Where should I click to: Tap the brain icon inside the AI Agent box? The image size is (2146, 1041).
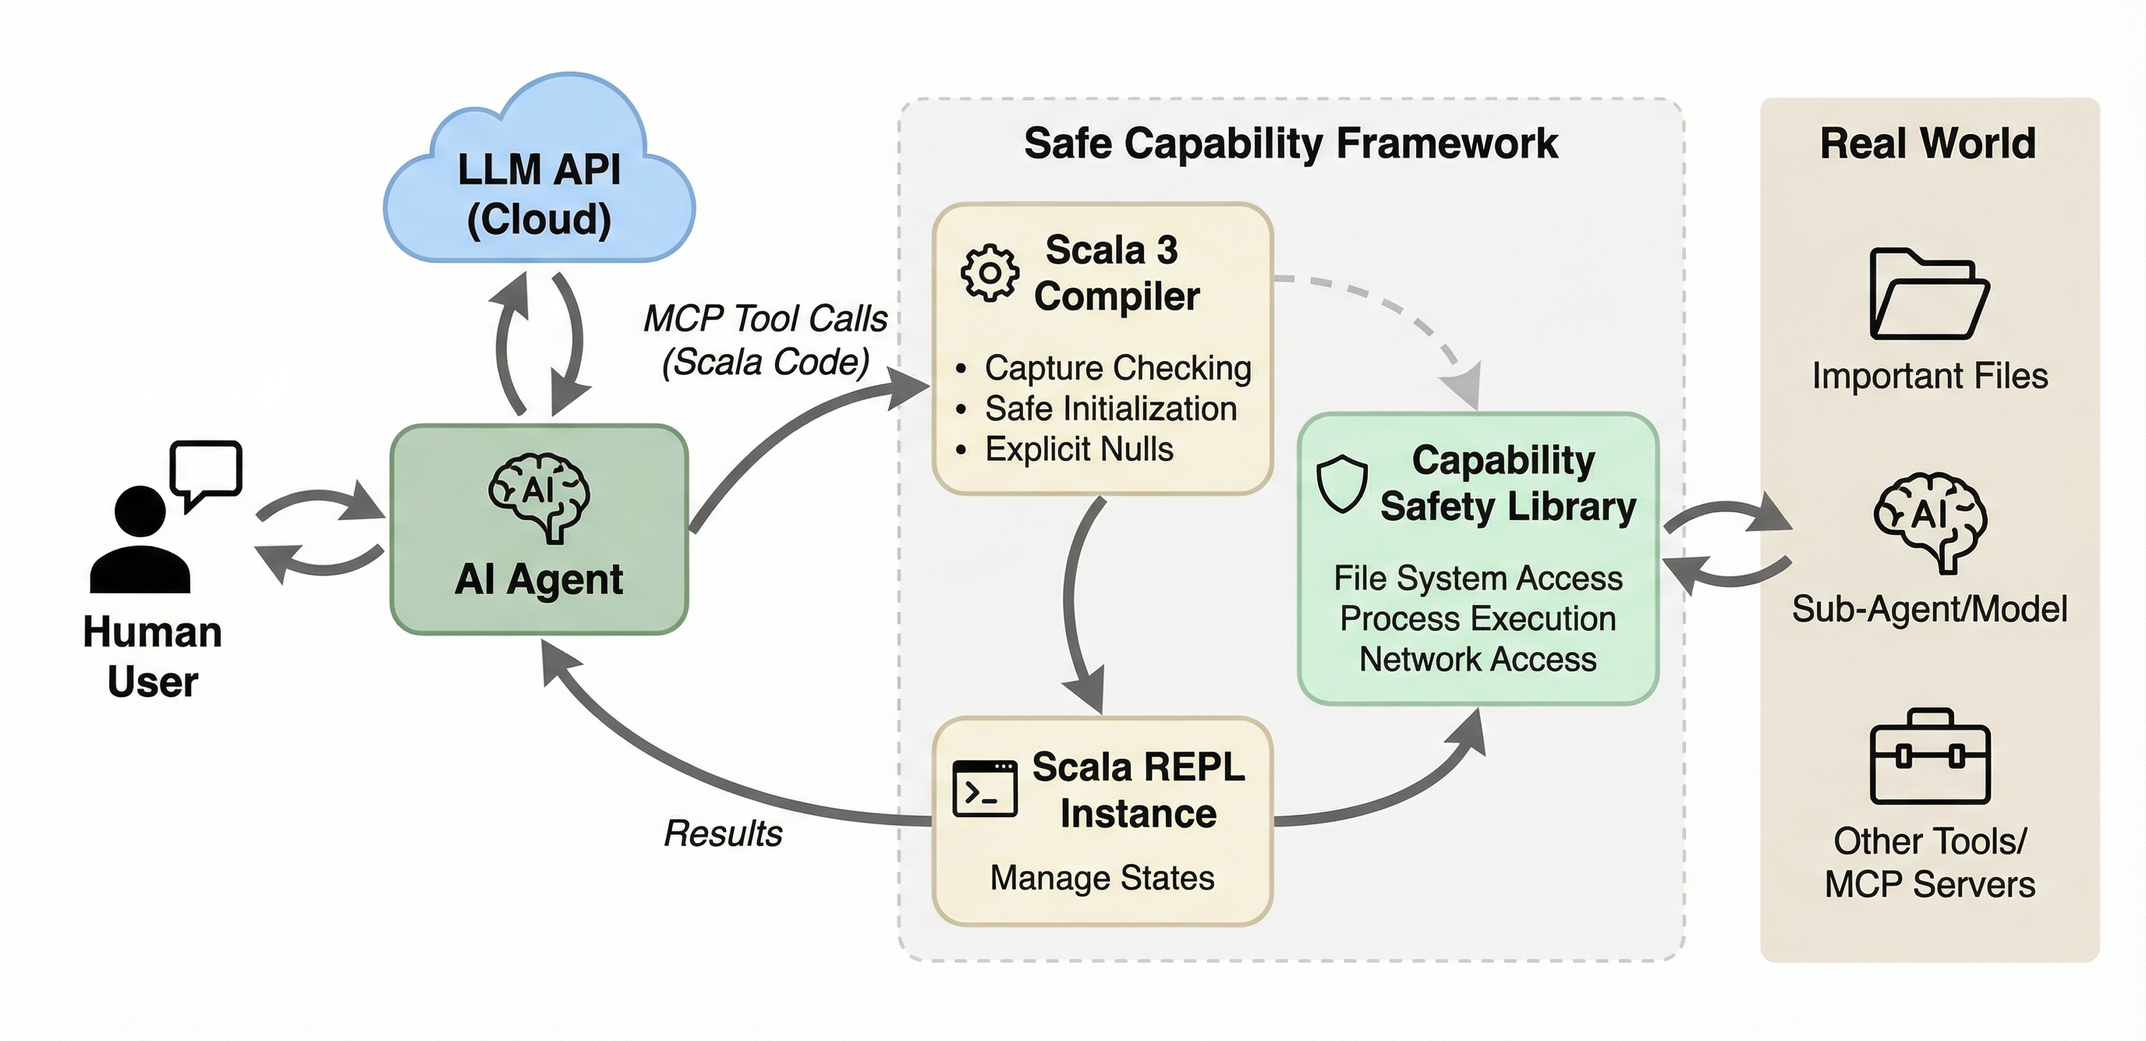coord(539,495)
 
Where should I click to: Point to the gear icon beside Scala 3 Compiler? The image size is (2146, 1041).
coord(989,272)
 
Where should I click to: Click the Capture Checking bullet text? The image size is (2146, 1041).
coord(1117,368)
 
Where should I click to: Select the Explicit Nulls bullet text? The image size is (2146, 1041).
coord(1078,450)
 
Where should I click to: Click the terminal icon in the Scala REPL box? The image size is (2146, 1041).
coord(985,788)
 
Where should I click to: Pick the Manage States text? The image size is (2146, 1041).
coord(1101,878)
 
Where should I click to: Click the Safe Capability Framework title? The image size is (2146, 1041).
coord(1290,143)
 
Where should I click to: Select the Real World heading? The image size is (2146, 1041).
coord(1928,143)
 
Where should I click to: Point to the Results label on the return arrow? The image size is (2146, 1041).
coord(722,834)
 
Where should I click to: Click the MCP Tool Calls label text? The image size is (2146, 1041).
coord(765,319)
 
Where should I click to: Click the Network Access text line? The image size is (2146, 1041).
coord(1477,660)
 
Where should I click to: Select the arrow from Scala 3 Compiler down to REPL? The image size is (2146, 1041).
coord(1075,600)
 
